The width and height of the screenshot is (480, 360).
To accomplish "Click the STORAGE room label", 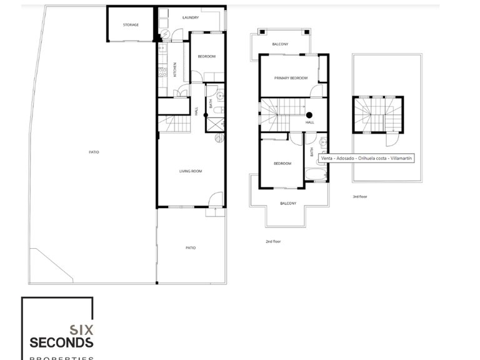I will click(x=131, y=25).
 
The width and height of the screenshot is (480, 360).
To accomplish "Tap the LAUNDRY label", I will click(x=191, y=17).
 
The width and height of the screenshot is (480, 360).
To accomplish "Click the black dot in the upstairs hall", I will click(x=309, y=114).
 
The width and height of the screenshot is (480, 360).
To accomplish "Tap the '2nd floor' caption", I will click(x=274, y=241).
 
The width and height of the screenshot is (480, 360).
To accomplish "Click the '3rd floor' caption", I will click(x=359, y=197).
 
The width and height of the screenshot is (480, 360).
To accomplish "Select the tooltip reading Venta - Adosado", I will click(x=366, y=158).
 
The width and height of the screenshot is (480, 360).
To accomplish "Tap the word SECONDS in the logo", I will click(x=62, y=342).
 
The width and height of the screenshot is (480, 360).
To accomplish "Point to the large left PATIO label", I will click(x=94, y=152).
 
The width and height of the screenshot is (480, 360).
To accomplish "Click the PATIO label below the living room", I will click(x=191, y=248).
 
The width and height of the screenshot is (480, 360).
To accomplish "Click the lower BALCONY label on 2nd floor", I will click(x=288, y=204).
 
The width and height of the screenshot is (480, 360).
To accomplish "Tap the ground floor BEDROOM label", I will click(x=207, y=57).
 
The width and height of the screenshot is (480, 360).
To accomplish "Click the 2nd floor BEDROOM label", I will click(x=282, y=164).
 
